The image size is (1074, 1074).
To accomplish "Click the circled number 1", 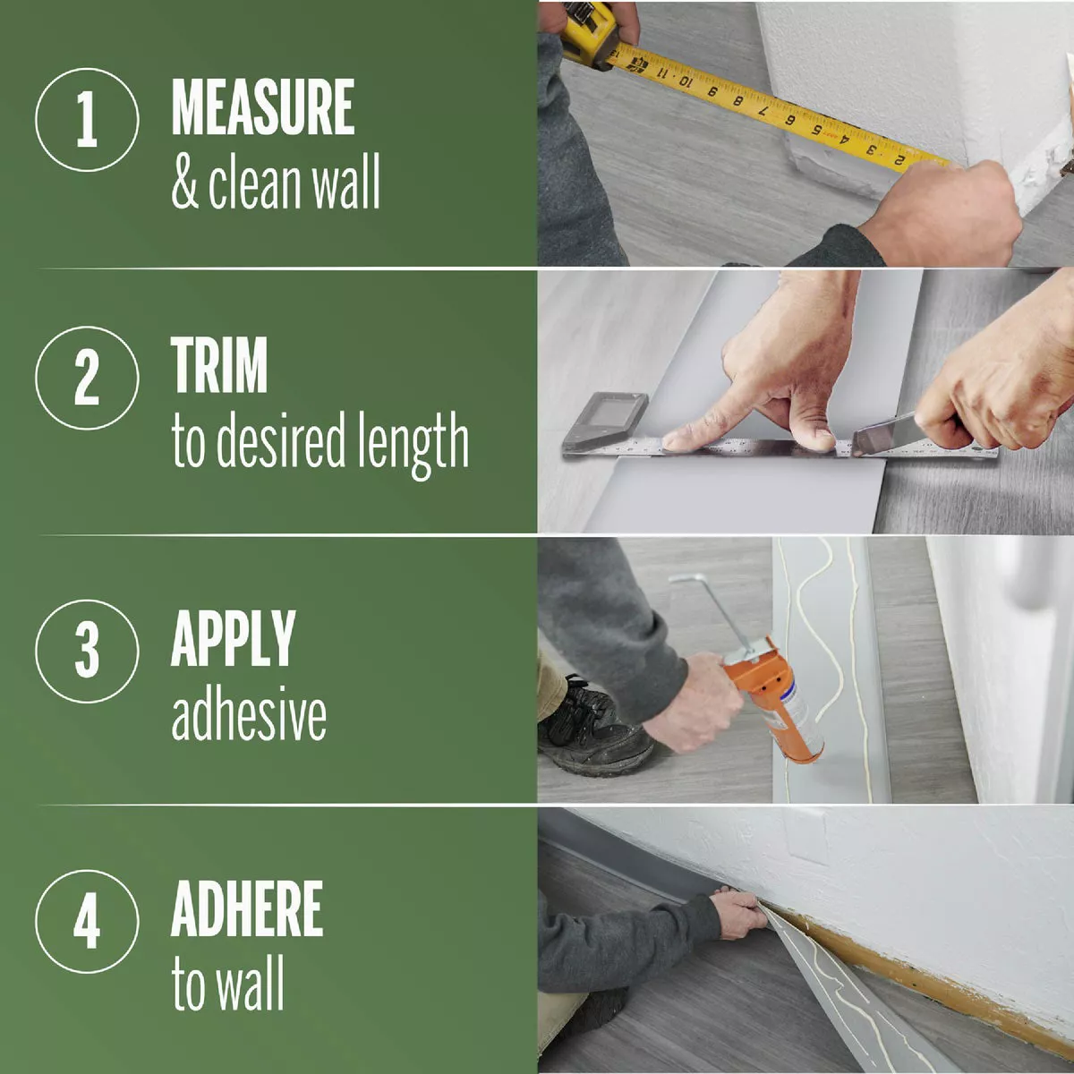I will [87, 120].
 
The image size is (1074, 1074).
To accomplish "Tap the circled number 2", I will [87, 378].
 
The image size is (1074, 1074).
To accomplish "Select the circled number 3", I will [87, 651].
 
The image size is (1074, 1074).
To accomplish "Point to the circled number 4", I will [87, 922].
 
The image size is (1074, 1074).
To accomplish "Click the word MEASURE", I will [262, 108].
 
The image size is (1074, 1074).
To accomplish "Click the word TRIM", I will [219, 365].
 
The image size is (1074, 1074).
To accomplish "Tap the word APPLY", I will [233, 638].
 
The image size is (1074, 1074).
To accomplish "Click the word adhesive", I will [248, 715].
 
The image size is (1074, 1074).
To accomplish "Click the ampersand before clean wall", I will [184, 183].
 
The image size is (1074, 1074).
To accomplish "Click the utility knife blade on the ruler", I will [882, 439].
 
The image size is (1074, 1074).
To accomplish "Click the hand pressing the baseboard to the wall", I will [739, 913].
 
